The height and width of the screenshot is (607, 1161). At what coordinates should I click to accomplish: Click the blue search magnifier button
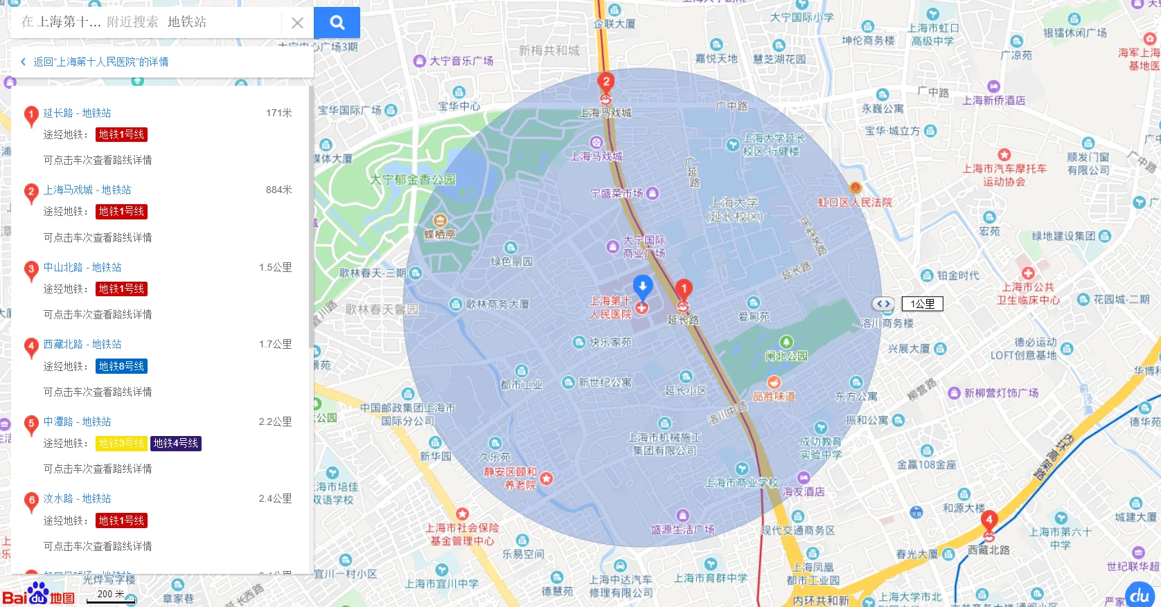[x=337, y=23]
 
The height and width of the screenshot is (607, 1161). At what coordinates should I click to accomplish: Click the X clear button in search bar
[x=297, y=23]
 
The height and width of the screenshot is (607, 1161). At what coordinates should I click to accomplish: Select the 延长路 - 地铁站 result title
[x=77, y=113]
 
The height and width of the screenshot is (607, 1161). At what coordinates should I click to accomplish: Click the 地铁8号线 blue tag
[x=121, y=366]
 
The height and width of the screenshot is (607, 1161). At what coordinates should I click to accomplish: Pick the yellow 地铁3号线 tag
[x=121, y=443]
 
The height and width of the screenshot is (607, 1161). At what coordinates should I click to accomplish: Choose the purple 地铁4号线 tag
[x=176, y=443]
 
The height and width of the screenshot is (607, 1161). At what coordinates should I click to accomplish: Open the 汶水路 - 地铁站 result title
[x=77, y=498]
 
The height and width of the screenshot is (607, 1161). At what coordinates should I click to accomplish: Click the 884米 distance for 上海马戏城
[x=278, y=190]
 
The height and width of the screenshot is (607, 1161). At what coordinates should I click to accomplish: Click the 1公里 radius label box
[x=922, y=304]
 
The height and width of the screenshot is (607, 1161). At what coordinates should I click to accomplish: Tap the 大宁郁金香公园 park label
[x=413, y=179]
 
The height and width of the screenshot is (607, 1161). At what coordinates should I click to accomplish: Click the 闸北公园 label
[x=786, y=356]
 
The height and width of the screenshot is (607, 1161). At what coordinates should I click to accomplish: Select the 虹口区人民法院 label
[x=855, y=202]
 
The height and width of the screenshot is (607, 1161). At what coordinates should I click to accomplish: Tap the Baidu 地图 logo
[x=38, y=595]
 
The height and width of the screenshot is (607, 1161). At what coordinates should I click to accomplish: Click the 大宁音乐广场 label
[x=461, y=61]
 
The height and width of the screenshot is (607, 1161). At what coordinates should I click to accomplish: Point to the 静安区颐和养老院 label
[x=511, y=478]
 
